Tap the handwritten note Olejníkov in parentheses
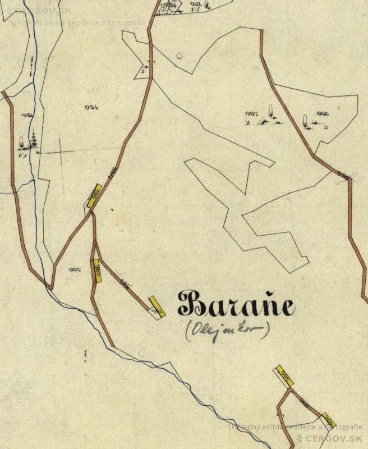coord(227,329)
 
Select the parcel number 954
coord(92,107)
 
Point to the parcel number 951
coord(27,115)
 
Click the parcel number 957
coord(251,114)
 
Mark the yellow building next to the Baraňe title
coord(156,308)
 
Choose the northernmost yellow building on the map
coord(94,195)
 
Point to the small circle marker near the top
coord(179,56)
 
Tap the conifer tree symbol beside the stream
coord(34,139)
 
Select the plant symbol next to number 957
coord(271,113)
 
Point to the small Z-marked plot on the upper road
coord(145,70)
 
